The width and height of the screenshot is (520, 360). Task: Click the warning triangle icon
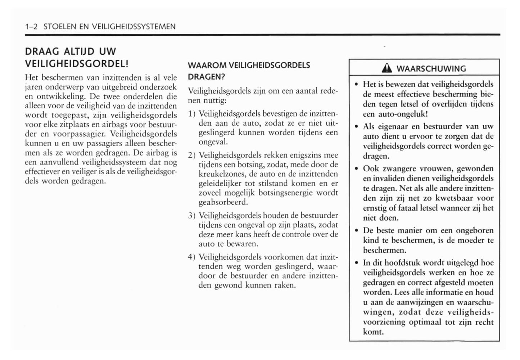pos(389,68)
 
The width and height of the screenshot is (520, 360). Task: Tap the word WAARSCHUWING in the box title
pos(431,68)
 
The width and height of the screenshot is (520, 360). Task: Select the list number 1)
pos(192,114)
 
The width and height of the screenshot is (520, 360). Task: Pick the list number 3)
pos(192,216)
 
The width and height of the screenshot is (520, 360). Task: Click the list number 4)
pos(192,257)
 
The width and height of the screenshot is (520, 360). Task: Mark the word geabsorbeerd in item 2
pos(223,202)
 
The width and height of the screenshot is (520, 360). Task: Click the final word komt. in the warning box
pos(373,332)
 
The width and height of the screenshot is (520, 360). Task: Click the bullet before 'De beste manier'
pos(356,231)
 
